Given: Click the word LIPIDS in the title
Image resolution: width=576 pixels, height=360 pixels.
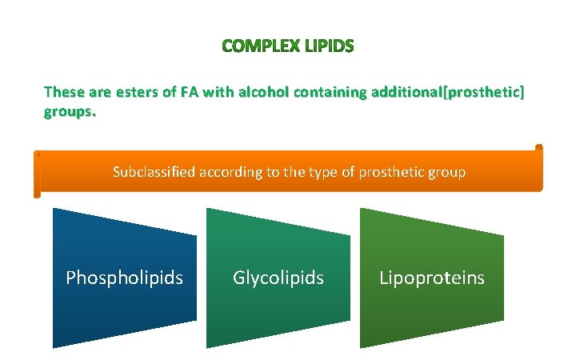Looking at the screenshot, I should tap(328, 46).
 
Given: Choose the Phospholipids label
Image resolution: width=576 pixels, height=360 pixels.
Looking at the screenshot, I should tap(124, 278).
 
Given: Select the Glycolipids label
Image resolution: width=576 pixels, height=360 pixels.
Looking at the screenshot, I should tap(278, 278).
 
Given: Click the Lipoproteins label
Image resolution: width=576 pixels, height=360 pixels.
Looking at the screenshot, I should tap(431, 278).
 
